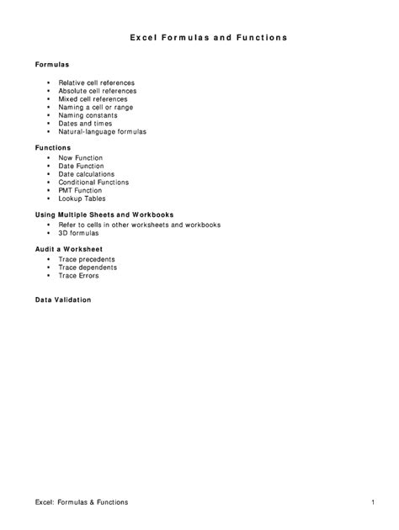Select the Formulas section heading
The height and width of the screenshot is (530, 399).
pos(52,65)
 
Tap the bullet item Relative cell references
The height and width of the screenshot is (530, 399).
pos(97,83)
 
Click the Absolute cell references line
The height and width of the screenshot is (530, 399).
pos(97,92)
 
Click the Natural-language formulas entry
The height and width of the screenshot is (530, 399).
pos(102,131)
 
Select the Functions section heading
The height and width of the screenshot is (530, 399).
pos(53,148)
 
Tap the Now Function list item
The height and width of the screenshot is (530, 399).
pos(81,158)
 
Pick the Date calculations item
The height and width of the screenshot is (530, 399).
pos(87,174)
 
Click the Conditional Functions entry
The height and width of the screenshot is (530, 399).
pos(93,183)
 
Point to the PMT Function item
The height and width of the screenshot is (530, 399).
pos(80,190)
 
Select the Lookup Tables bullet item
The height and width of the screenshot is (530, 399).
pos(82,199)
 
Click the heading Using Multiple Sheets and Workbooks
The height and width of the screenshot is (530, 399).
pos(104,215)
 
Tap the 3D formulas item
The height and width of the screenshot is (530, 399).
pos(78,233)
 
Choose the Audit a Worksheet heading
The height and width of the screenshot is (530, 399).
pos(68,250)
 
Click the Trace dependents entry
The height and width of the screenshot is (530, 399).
pos(88,268)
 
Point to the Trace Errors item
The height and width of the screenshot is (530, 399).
pos(78,276)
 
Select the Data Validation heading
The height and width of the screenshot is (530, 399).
pos(63,300)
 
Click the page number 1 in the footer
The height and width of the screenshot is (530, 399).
pos(372,502)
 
